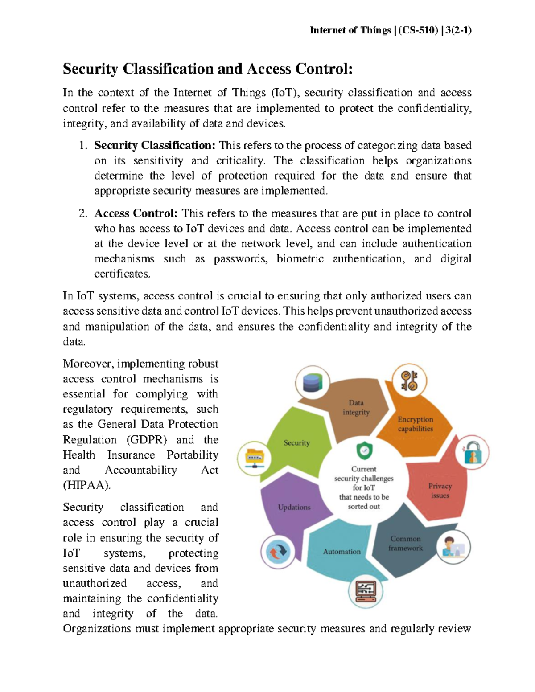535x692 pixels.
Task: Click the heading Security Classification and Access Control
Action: pyautogui.click(x=207, y=69)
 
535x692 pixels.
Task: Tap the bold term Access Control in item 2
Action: pyautogui.click(x=136, y=213)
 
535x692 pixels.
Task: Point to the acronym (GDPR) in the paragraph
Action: pyautogui.click(x=147, y=440)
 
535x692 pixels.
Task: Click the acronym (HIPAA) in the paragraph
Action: pyautogui.click(x=86, y=485)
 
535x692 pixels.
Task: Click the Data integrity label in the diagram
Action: pyautogui.click(x=356, y=407)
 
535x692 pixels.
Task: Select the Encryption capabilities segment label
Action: pyautogui.click(x=415, y=424)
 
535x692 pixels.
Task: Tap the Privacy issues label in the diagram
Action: pyautogui.click(x=440, y=491)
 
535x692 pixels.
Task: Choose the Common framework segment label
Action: pyautogui.click(x=405, y=543)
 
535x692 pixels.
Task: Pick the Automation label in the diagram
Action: pyautogui.click(x=342, y=552)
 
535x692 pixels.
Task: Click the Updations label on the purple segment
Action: pyautogui.click(x=294, y=507)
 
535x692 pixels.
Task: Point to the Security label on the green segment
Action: pyautogui.click(x=296, y=442)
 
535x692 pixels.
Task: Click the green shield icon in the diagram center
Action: pyautogui.click(x=364, y=451)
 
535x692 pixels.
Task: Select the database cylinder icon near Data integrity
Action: pyautogui.click(x=313, y=383)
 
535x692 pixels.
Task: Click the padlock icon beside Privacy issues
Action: pyautogui.click(x=472, y=453)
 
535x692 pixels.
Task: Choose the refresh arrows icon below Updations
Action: pyautogui.click(x=278, y=552)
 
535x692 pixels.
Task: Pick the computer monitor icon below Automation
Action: pyautogui.click(x=366, y=591)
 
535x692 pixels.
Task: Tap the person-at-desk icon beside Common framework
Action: pyautogui.click(x=453, y=547)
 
